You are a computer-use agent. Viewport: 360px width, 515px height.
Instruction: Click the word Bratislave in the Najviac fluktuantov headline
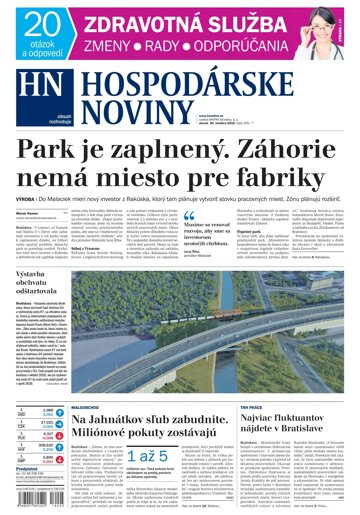click(x=304, y=439)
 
